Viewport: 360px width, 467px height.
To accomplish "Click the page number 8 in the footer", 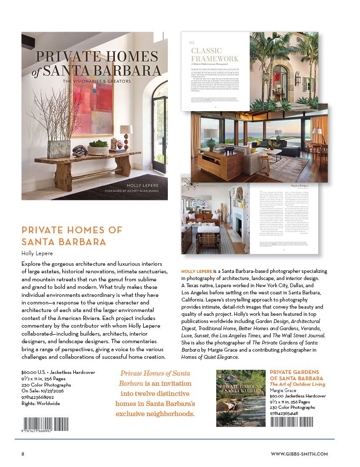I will (23, 454).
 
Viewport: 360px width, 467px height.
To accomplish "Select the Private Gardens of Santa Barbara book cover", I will (240, 398).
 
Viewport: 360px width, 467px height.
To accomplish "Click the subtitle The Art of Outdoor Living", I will (291, 384).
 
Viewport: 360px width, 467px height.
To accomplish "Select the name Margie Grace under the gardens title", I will (282, 390).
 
